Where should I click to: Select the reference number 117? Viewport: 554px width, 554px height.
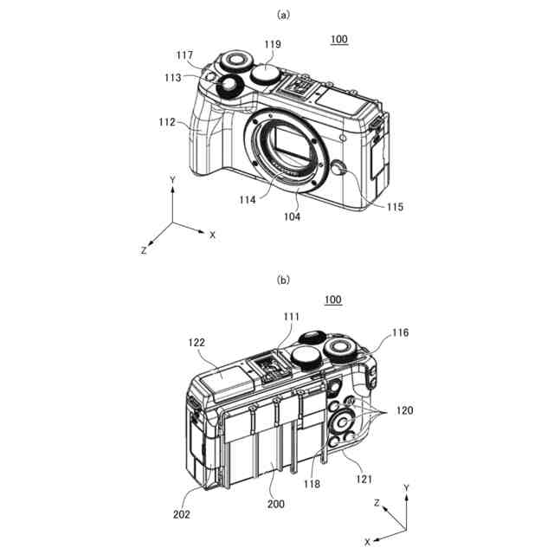coord(184,55)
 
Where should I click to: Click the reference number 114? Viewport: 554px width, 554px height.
coord(248,200)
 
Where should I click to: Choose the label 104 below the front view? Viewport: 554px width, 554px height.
coord(292,216)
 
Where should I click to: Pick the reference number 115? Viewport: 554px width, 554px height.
coord(395,207)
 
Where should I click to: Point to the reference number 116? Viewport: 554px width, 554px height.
coord(400,332)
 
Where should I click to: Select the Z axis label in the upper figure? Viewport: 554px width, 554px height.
coord(143,249)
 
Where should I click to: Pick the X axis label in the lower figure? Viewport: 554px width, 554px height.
coord(368,542)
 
